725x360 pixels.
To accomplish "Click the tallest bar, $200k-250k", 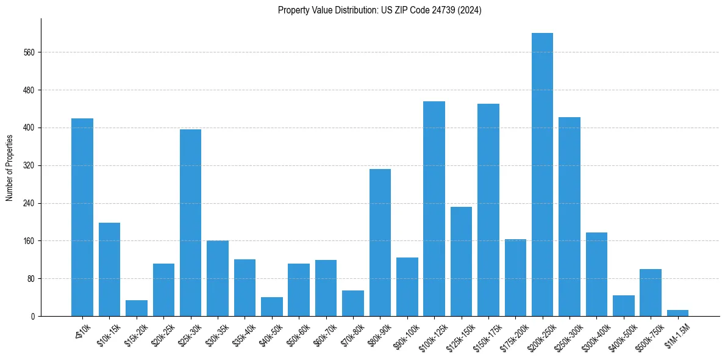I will coord(542,175).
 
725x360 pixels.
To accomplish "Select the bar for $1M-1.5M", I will coord(677,313).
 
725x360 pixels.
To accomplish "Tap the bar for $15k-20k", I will coord(137,308).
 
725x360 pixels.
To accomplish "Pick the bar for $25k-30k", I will coord(190,223).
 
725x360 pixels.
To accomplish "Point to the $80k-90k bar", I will coord(380,242).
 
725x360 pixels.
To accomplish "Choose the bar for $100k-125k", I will coord(434,209).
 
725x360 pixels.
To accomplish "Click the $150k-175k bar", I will coord(488,210).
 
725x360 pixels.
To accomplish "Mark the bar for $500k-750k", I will coord(651,292).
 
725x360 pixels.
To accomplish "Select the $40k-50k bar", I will coord(272,306).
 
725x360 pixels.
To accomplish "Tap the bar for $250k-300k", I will coord(570,217).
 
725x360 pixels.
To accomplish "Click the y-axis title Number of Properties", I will coord(10,167).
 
